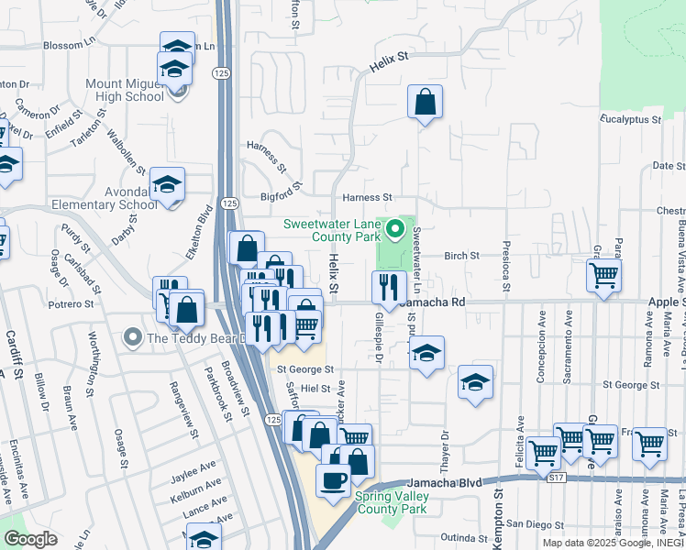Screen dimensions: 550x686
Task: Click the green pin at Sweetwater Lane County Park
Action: (x=396, y=229)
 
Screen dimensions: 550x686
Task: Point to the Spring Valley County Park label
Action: (x=392, y=502)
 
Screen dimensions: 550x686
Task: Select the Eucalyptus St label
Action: (x=630, y=119)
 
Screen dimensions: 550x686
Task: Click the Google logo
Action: (x=30, y=538)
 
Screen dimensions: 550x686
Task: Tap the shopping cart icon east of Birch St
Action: (x=603, y=274)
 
